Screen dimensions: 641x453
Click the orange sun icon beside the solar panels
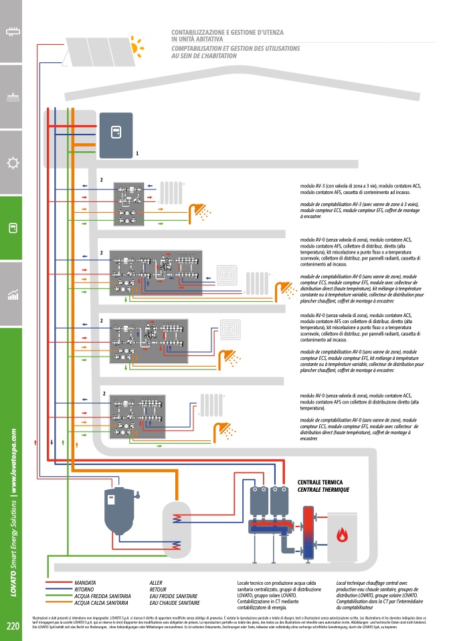coord(137,47)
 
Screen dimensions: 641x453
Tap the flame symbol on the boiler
coord(342,535)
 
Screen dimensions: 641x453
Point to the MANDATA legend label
coord(86,583)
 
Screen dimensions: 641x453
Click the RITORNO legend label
coord(85,589)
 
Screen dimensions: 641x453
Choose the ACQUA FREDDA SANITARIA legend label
coord(103,596)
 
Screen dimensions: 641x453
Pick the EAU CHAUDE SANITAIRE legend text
coord(174,602)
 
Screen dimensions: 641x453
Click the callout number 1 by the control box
coord(137,153)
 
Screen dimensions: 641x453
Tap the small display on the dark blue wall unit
coord(115,130)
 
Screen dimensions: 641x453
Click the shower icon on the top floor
coord(199,211)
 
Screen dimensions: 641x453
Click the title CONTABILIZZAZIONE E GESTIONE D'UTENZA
coord(228,32)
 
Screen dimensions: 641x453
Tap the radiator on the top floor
coord(171,193)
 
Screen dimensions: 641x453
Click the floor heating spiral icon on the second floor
coord(229,276)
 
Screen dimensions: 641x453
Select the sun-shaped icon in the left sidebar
coord(11,163)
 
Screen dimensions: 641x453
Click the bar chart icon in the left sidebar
coord(11,294)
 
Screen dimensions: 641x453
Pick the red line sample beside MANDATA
coord(59,583)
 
